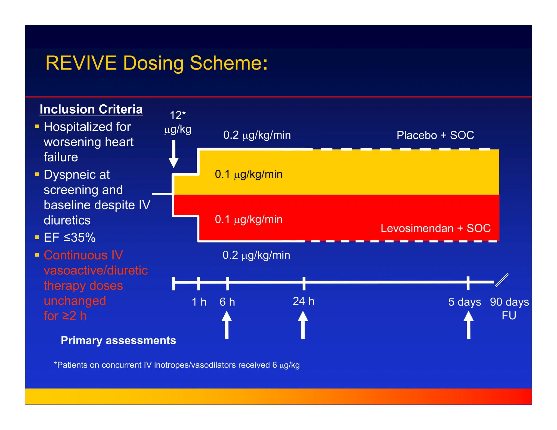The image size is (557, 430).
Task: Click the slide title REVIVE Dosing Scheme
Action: point(156,63)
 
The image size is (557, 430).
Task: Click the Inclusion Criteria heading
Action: point(91,109)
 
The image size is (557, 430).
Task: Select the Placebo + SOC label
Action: point(435,135)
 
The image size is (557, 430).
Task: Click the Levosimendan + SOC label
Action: point(435,228)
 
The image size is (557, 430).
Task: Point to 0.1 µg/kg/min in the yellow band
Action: point(249,174)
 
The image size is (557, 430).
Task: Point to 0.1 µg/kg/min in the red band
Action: point(249,219)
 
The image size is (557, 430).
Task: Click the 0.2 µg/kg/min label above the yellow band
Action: point(257,135)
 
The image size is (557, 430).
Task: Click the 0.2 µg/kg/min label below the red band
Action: point(256,255)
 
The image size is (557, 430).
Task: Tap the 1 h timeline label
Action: point(199,302)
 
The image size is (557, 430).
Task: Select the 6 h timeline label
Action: point(227,302)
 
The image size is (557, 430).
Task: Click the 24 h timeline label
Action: point(304,301)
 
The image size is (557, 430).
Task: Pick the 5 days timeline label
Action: point(465,302)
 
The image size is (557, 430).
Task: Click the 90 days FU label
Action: point(509,309)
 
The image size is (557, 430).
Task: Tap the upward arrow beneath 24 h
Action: point(303,325)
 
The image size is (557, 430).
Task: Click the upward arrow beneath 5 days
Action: point(468,325)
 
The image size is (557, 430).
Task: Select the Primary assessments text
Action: point(118,341)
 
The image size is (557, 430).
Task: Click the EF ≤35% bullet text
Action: point(70,238)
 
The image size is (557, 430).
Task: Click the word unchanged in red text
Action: point(75,301)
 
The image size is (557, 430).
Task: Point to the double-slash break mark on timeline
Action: point(502,280)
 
